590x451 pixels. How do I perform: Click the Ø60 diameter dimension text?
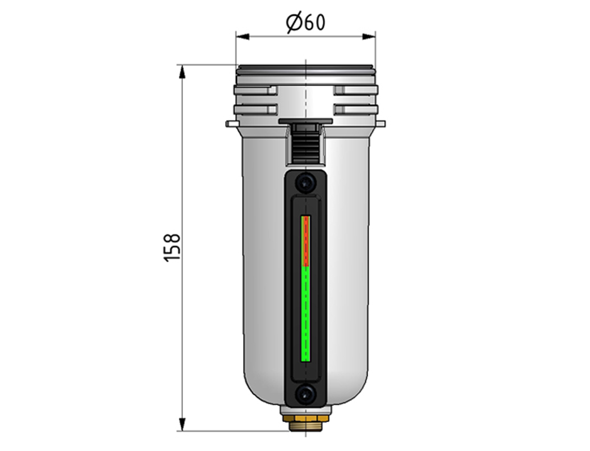click(x=305, y=23)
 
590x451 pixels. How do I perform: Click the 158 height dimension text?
click(x=172, y=247)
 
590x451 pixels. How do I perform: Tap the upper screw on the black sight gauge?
click(x=305, y=183)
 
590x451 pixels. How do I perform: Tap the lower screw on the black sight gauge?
click(x=305, y=394)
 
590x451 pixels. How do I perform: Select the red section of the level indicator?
click(x=305, y=241)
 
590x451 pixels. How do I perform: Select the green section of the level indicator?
click(x=305, y=314)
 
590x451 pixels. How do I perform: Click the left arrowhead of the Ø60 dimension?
click(x=243, y=37)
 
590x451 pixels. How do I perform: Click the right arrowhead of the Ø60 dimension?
click(x=369, y=37)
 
